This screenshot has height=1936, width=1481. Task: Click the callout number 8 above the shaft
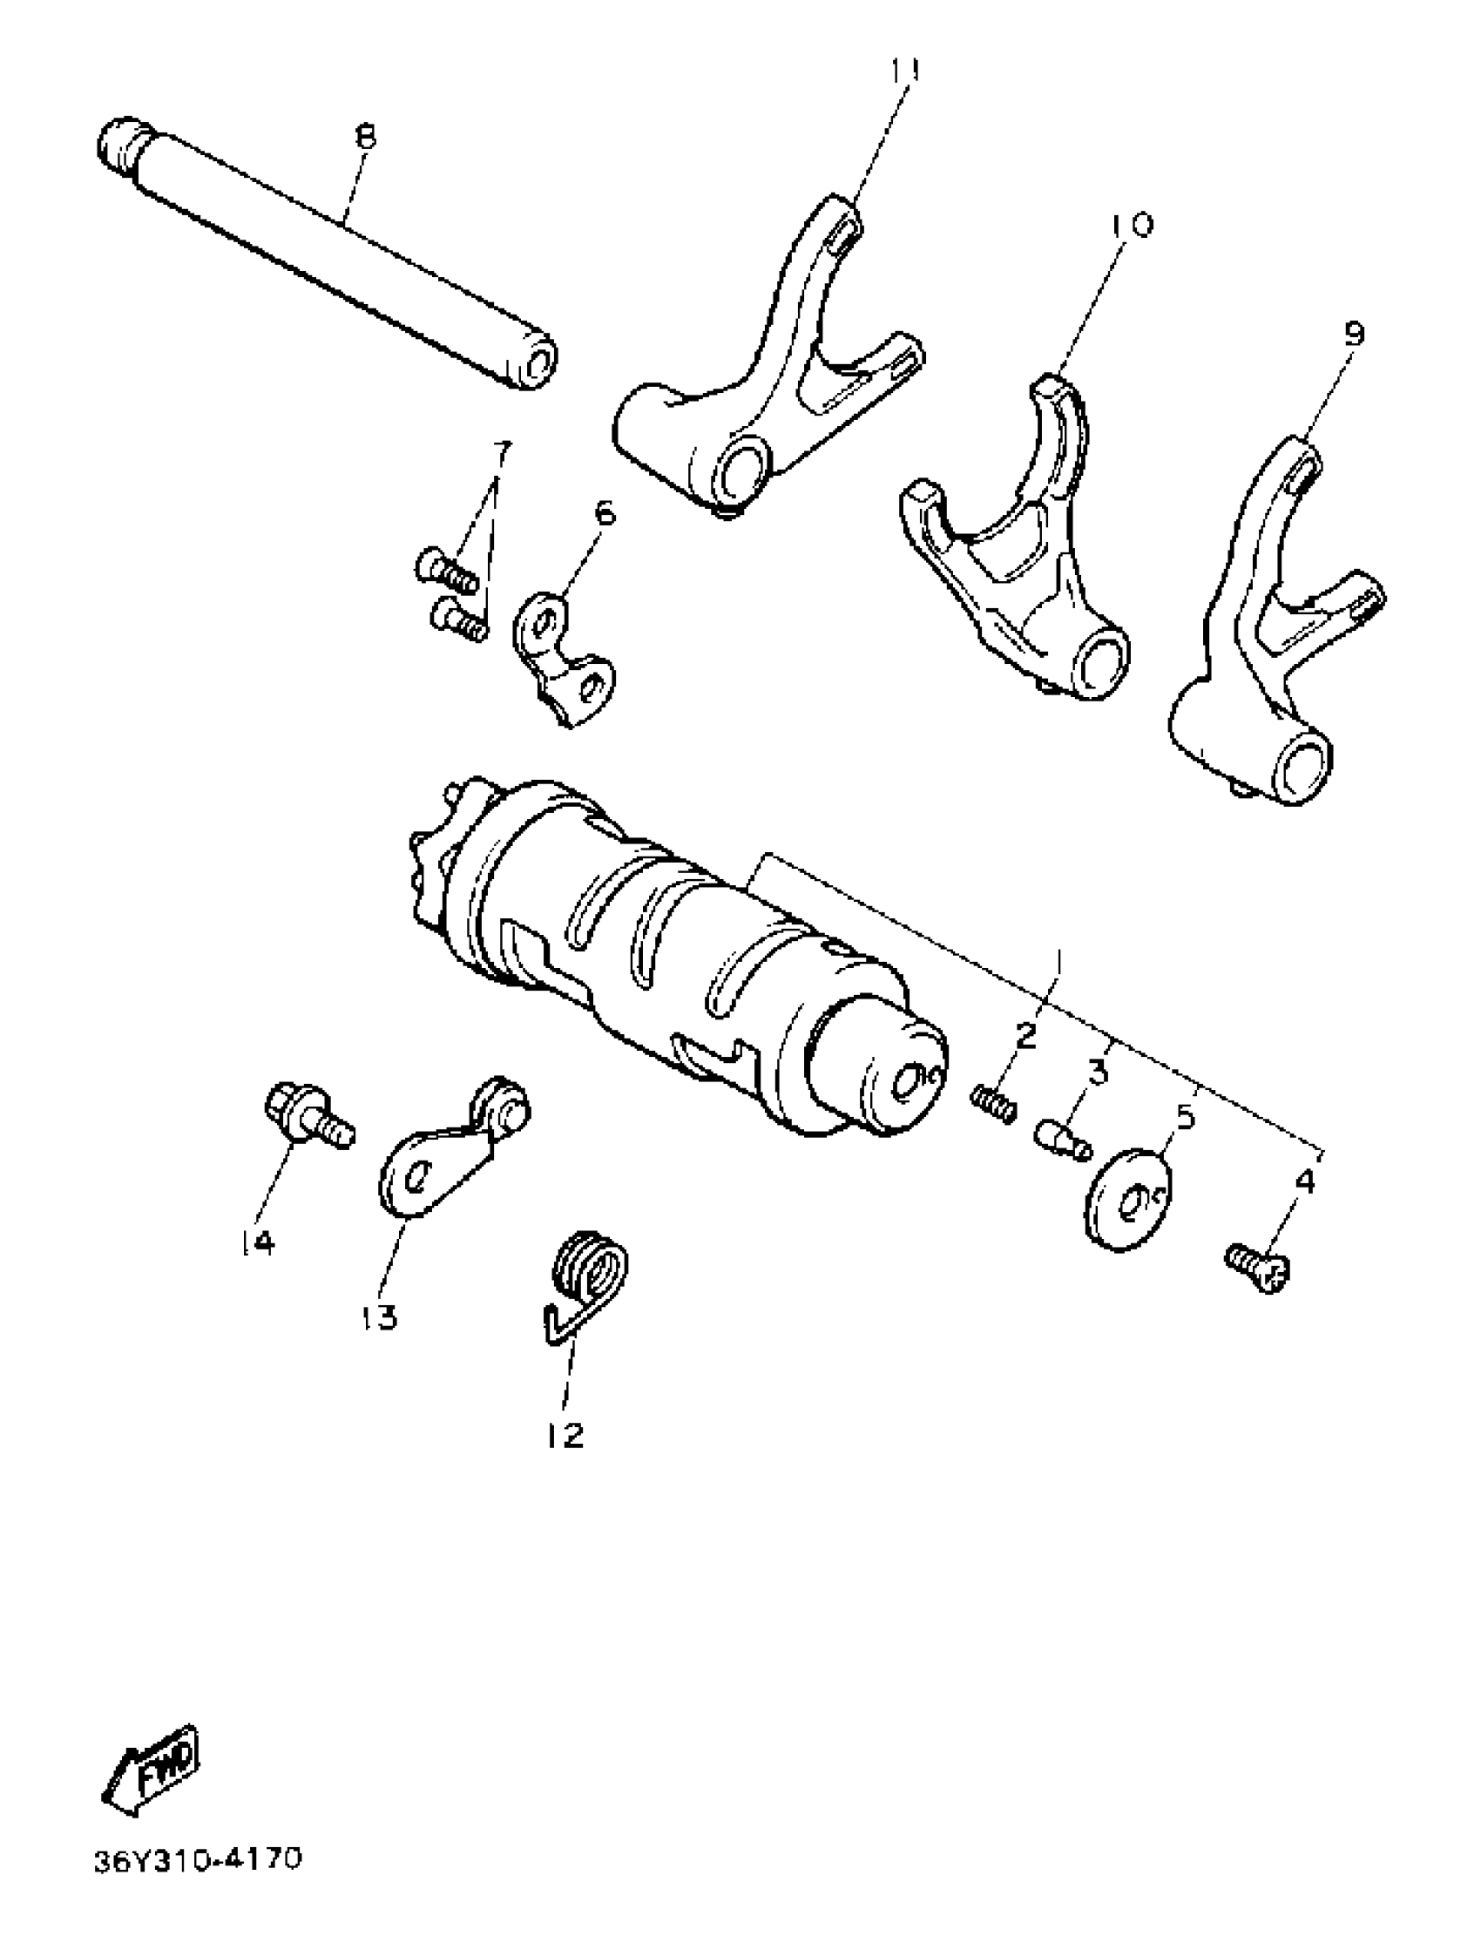[x=364, y=138]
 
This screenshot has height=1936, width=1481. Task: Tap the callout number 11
[x=903, y=71]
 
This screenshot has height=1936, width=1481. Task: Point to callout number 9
[x=1354, y=334]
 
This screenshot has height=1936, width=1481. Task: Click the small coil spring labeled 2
[x=993, y=1102]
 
